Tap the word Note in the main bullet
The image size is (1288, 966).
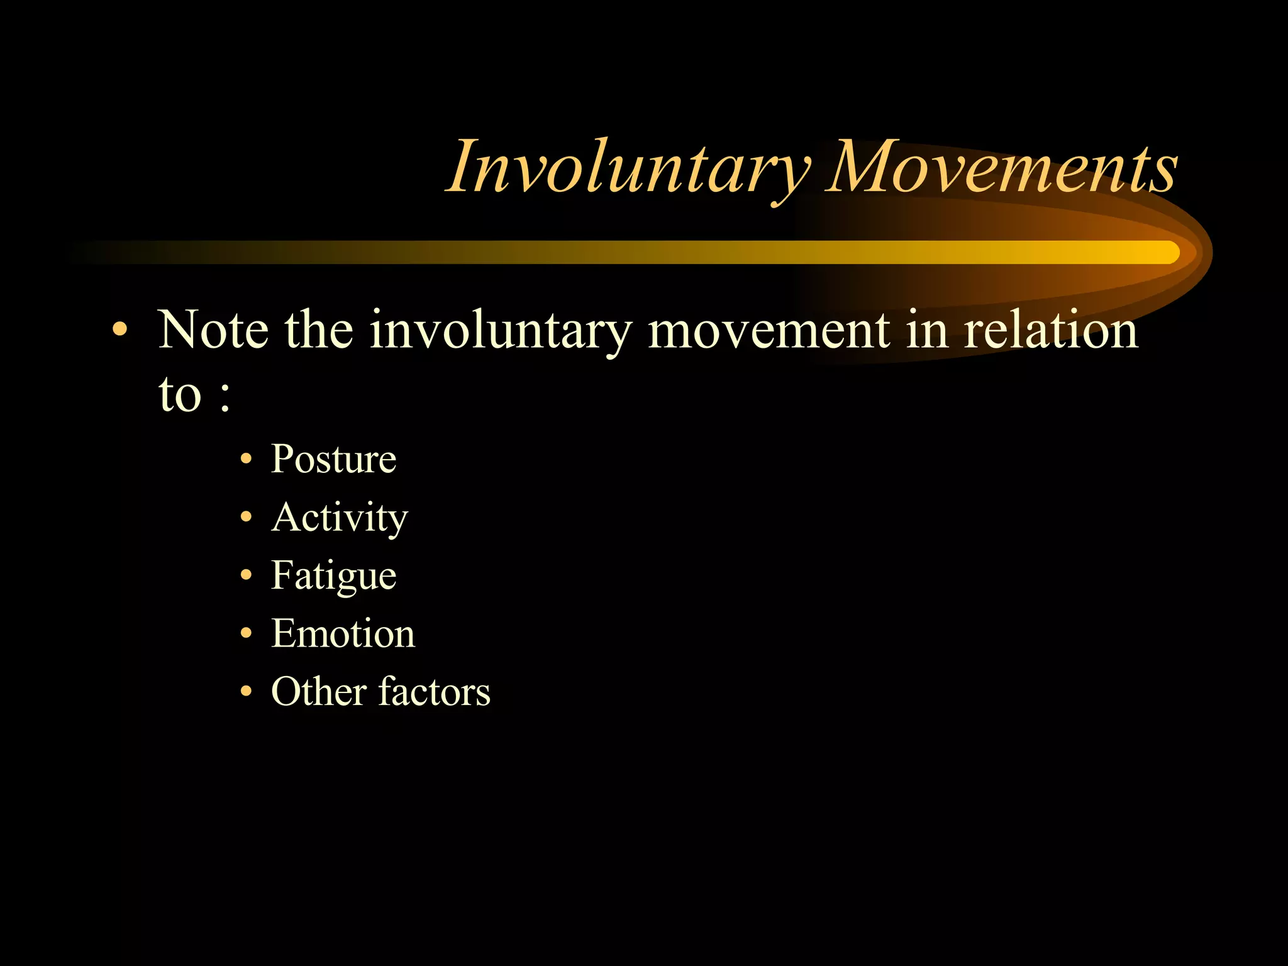click(x=213, y=330)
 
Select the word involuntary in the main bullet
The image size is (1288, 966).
click(x=501, y=331)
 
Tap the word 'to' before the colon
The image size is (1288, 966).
click(x=180, y=395)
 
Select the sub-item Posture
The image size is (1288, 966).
click(x=333, y=459)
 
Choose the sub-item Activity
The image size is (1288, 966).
click(x=340, y=518)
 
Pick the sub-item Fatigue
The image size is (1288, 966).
click(x=333, y=576)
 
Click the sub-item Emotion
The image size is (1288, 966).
click(x=343, y=633)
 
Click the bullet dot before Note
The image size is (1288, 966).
click(x=119, y=330)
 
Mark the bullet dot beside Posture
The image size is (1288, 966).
click(x=246, y=459)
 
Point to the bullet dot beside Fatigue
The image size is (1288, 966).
click(x=246, y=575)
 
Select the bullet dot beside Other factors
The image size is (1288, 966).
click(x=246, y=692)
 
